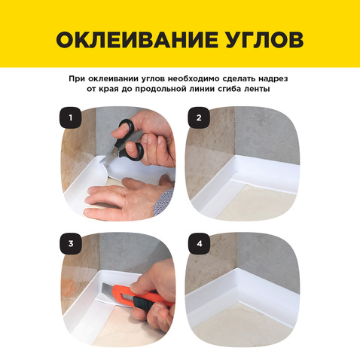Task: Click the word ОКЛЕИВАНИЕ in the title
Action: (137, 40)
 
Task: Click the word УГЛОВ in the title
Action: (264, 40)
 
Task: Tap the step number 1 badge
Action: (71, 117)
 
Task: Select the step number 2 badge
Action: (199, 117)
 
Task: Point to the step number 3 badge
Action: (71, 243)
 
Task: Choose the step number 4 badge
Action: (200, 243)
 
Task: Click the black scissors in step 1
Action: (126, 142)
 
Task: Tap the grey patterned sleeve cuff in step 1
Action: (163, 201)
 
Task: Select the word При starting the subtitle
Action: (75, 79)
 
